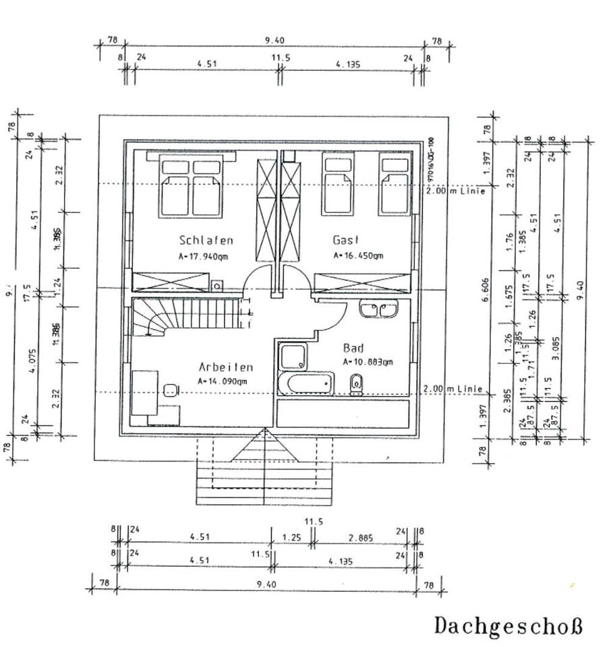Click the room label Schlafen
206,240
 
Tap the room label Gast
347,240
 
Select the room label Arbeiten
226,367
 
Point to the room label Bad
353,348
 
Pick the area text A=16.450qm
358,255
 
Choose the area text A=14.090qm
223,381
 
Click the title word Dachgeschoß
507,625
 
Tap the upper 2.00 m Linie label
455,191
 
